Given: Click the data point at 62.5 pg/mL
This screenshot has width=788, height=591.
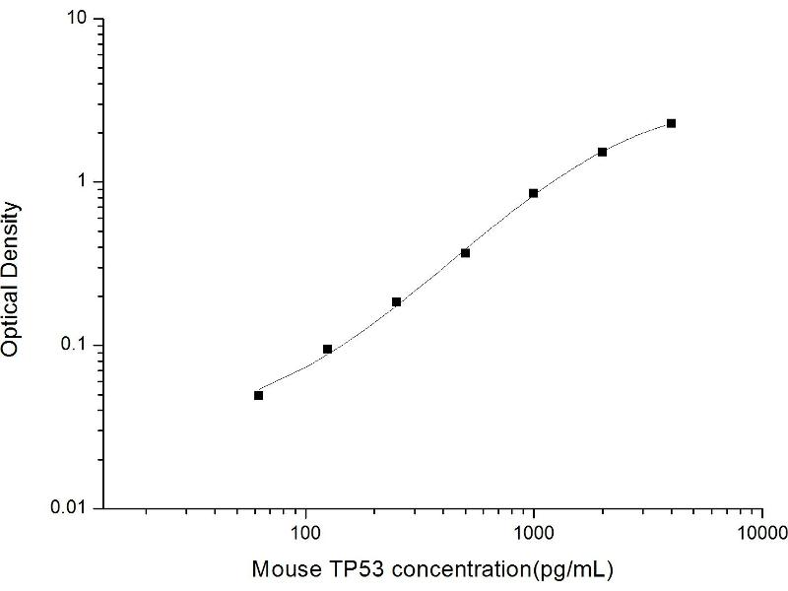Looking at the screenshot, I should (x=258, y=395).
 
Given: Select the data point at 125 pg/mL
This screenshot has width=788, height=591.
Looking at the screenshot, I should (x=327, y=350).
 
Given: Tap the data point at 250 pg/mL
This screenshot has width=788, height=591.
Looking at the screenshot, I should (x=396, y=301).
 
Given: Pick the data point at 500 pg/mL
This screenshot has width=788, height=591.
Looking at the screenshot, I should (x=465, y=253).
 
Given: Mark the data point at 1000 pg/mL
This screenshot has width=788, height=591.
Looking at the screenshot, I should (x=534, y=193).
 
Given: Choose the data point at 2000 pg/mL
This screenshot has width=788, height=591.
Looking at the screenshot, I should (x=602, y=152).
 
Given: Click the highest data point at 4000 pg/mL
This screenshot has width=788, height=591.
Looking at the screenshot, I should (x=671, y=123).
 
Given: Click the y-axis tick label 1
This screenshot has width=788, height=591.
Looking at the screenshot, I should (x=87, y=182).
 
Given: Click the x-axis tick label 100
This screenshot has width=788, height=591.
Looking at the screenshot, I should (x=306, y=533).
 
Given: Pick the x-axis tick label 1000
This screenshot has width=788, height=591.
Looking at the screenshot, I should (x=534, y=533).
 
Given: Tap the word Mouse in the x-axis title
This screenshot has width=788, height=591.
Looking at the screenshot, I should (x=283, y=569).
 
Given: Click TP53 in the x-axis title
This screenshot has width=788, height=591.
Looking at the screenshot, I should (x=344, y=569).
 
